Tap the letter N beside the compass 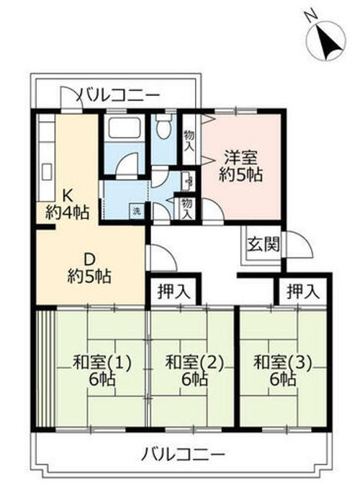point(308,16)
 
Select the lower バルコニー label point(183,455)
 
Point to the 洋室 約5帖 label point(240,166)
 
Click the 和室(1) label point(102,370)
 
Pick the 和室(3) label point(283,370)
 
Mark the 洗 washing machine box point(135,211)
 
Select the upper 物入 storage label point(189,139)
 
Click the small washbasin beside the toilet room point(188,179)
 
